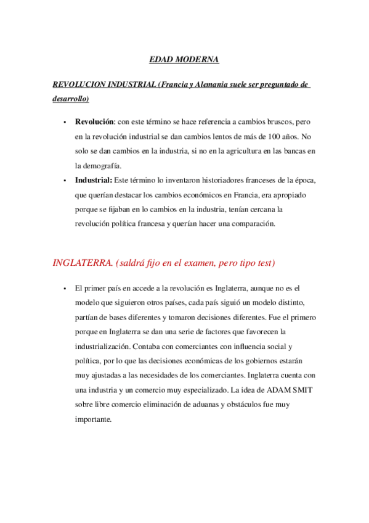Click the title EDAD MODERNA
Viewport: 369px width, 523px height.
click(x=184, y=60)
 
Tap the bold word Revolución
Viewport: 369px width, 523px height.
click(x=95, y=121)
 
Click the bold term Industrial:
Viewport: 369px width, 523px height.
click(x=94, y=179)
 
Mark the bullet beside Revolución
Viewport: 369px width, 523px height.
click(x=64, y=122)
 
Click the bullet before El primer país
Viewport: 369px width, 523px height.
click(x=64, y=289)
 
